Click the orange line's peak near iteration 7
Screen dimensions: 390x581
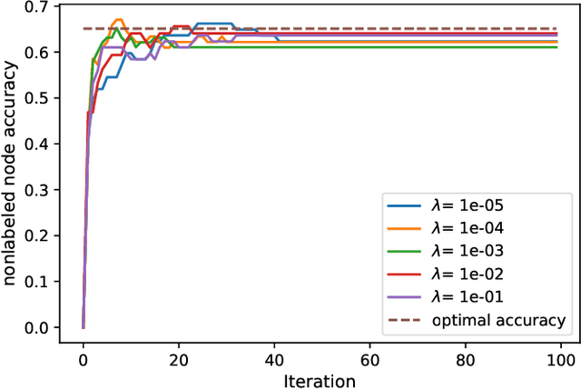click(117, 20)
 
